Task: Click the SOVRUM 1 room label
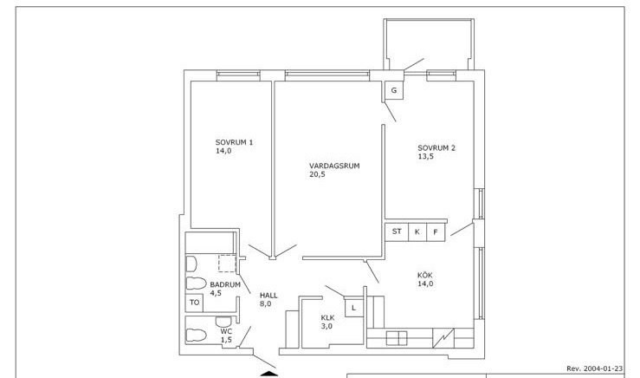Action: (x=234, y=143)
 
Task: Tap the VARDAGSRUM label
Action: (x=334, y=166)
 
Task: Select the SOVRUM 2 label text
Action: (x=436, y=148)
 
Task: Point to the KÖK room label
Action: (x=425, y=275)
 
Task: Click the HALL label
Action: (x=268, y=295)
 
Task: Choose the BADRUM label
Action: (x=225, y=284)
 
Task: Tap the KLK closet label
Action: (x=327, y=317)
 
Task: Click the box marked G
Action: (x=394, y=90)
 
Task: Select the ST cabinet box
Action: (x=397, y=231)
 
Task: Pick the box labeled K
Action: (x=417, y=232)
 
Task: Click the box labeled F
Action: (x=436, y=232)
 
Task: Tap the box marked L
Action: (x=354, y=308)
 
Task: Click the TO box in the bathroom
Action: (x=194, y=303)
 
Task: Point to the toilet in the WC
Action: (x=197, y=336)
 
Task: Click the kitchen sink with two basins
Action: (x=397, y=338)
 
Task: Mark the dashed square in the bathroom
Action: (x=228, y=264)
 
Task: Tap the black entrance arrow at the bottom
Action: (x=269, y=374)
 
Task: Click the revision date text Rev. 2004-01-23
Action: (x=595, y=368)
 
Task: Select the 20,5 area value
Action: (x=317, y=174)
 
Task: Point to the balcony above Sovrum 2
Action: (x=429, y=44)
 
